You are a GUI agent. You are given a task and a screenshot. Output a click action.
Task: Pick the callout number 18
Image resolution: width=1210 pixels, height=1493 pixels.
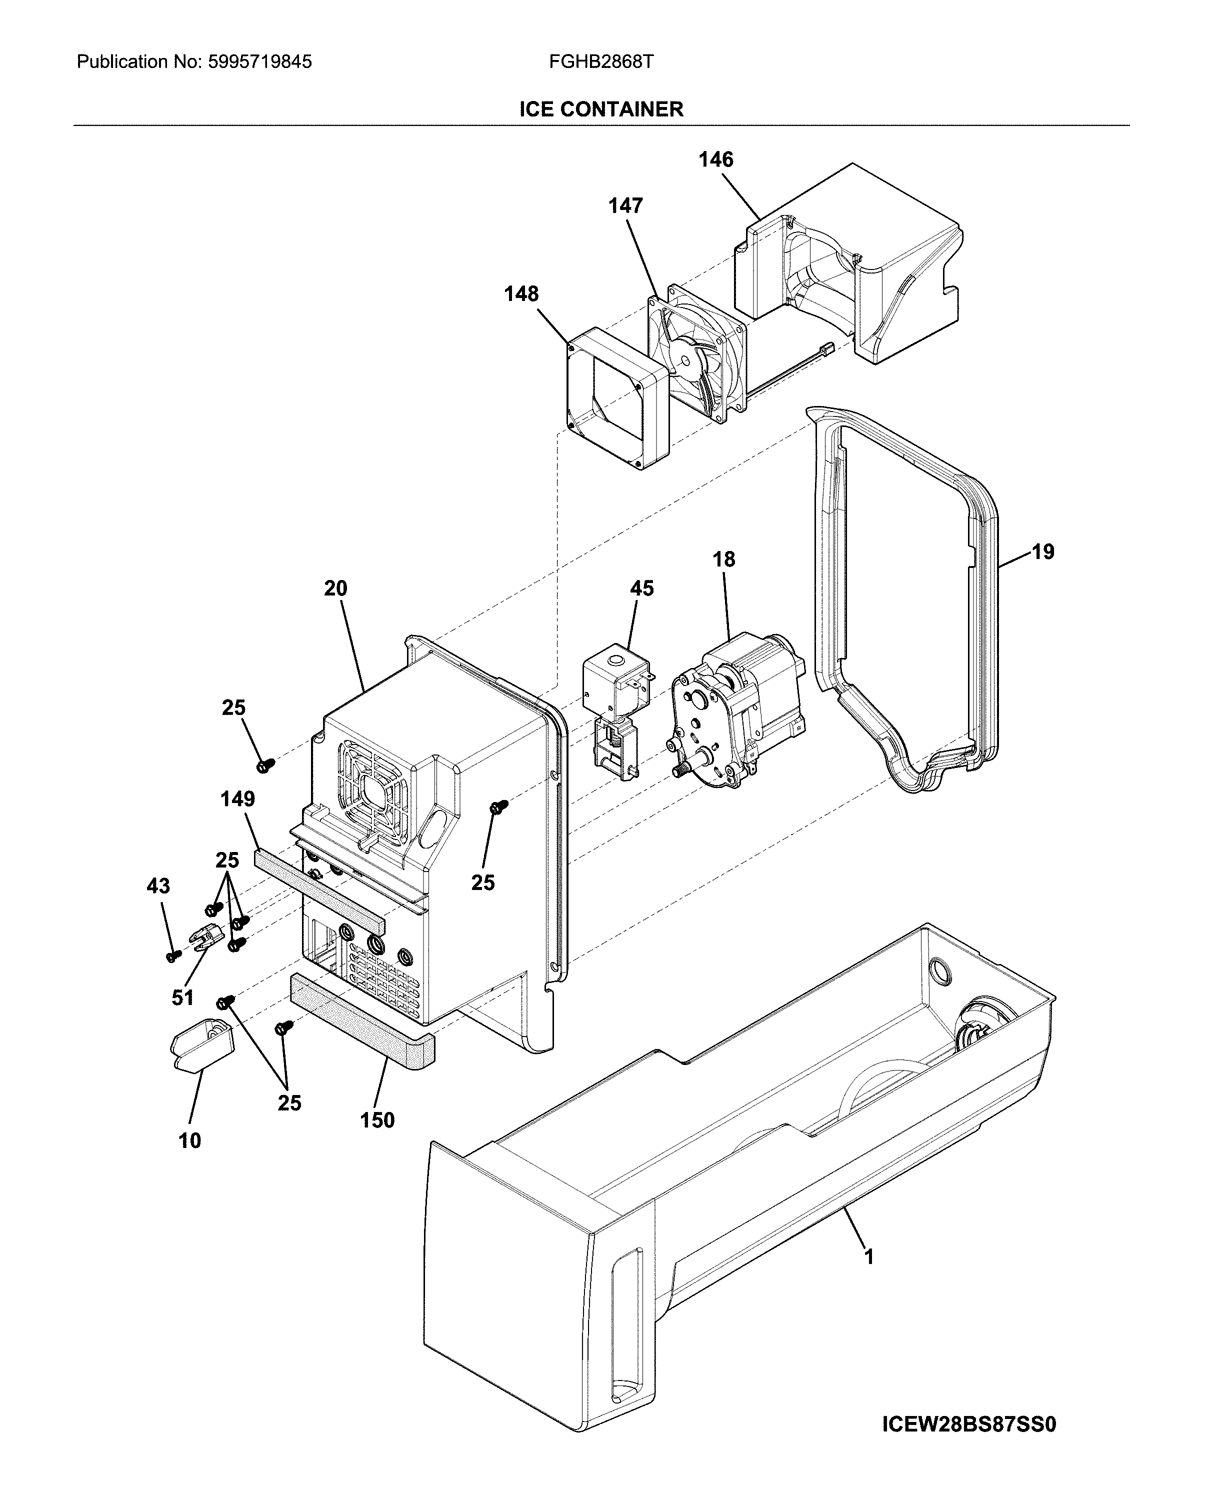click(x=723, y=559)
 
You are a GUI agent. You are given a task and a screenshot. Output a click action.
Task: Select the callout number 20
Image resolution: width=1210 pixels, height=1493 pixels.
click(x=335, y=588)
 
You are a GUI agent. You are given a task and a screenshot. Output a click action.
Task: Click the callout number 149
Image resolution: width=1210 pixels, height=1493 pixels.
click(x=237, y=799)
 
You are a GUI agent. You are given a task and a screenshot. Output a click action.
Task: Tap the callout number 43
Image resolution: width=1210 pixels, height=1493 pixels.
click(x=158, y=886)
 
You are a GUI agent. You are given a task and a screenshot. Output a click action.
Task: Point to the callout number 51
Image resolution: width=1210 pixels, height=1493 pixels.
click(x=182, y=998)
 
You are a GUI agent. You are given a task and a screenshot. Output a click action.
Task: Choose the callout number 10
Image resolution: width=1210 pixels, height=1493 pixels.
click(x=189, y=1141)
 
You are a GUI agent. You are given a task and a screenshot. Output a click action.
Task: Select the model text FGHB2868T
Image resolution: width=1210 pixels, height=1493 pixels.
click(x=601, y=62)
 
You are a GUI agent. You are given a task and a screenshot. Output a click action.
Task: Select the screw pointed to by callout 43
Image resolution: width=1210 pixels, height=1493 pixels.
click(x=173, y=955)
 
